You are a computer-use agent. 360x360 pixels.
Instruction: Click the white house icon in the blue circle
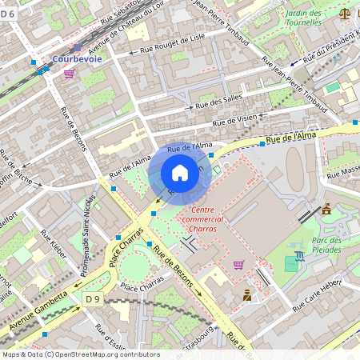180,172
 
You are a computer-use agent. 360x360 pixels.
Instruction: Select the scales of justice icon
345,13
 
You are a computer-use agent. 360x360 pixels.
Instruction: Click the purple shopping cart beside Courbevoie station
70,73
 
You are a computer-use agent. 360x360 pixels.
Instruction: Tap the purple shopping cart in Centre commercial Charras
238,264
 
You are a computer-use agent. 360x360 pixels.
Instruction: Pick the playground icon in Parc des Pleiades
299,255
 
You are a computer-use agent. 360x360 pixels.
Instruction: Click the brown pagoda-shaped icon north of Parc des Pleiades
326,210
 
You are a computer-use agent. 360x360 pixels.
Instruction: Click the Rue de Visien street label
234,121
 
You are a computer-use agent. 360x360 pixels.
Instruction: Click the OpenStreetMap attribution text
80,354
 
